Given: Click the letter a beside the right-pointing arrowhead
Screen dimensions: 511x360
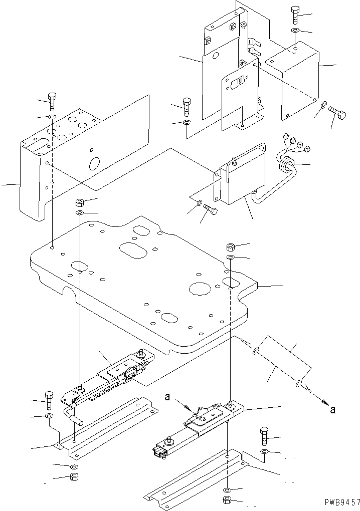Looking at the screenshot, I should [x=333, y=409].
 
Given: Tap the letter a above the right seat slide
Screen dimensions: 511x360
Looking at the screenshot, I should [x=168, y=397].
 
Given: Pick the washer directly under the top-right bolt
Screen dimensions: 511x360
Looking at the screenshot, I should [x=295, y=32].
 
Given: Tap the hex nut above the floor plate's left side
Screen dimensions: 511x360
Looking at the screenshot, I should [x=79, y=203].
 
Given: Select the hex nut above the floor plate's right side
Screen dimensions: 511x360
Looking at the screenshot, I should [x=231, y=246].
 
